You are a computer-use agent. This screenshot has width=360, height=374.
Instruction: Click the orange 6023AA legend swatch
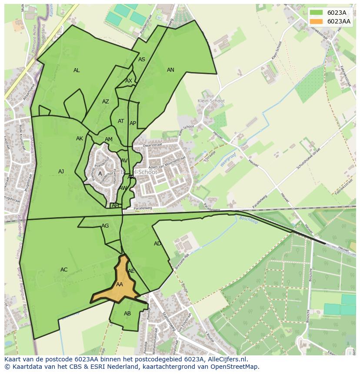point(317,21)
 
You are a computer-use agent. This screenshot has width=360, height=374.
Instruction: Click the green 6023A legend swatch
point(317,13)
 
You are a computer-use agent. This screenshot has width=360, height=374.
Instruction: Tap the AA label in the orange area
point(120,285)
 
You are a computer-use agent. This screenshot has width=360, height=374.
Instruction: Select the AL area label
point(77,70)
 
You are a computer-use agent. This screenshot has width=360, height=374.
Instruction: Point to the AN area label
point(170,70)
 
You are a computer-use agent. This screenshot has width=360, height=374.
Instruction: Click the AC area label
point(64,270)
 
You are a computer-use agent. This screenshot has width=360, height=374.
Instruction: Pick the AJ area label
point(61,172)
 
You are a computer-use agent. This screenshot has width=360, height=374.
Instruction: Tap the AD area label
point(157,244)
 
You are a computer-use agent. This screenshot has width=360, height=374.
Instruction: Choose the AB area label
point(127,314)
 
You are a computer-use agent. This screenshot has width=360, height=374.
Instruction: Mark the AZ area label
point(106,102)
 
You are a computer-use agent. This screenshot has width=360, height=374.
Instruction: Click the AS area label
point(142,60)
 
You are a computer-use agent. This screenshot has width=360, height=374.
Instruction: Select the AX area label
point(129,81)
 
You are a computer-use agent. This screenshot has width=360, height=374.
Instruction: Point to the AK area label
point(80,139)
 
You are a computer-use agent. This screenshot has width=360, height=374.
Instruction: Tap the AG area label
point(105,226)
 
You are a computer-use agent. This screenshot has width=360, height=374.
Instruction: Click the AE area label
point(131,271)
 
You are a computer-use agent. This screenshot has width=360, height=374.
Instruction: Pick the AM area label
point(109,139)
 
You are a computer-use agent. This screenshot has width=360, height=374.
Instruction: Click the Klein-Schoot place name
point(211,101)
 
